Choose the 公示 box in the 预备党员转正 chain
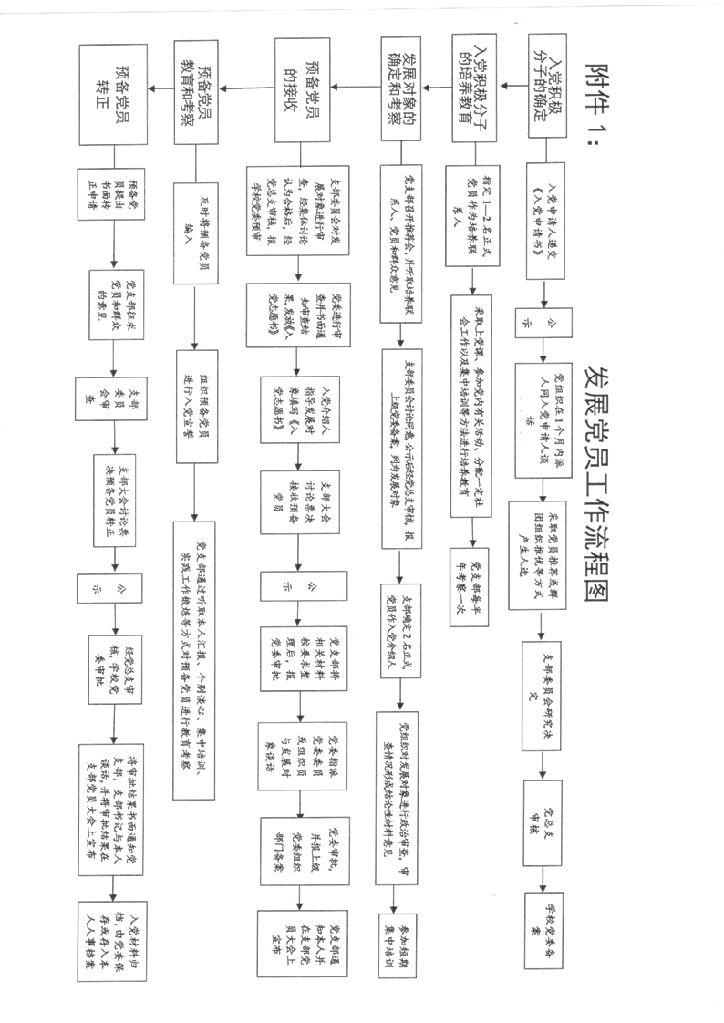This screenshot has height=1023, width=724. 110,589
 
